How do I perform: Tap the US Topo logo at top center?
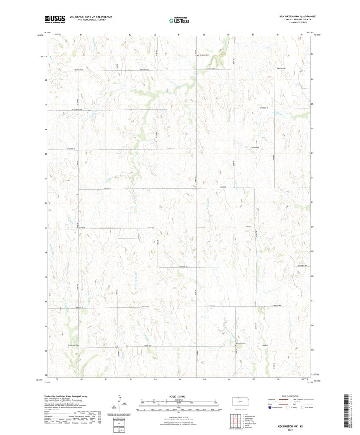(x=179, y=20)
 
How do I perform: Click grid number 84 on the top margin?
(x=179, y=34)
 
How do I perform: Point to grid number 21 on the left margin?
(x=45, y=203)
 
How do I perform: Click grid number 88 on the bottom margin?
(x=277, y=379)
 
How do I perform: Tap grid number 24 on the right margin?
(x=312, y=129)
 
